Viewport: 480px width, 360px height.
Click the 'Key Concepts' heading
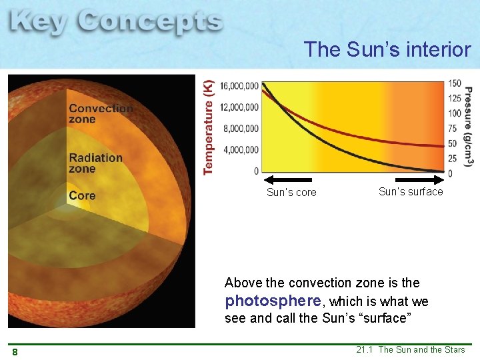[x=116, y=23]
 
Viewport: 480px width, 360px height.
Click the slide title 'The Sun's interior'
[x=387, y=49]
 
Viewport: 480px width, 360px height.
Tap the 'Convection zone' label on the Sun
[x=101, y=113]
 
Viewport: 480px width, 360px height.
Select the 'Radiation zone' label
[x=95, y=163]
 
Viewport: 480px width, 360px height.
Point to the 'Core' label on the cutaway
[x=82, y=195]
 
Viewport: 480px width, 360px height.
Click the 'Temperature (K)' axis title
[x=209, y=127]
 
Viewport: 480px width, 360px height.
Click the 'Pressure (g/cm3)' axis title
[x=469, y=127]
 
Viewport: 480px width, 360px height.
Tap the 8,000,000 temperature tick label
[x=240, y=128]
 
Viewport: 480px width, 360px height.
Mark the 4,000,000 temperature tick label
[x=240, y=149]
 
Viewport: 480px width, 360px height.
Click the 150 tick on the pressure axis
[x=455, y=83]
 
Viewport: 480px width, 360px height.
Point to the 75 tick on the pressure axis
[x=453, y=129]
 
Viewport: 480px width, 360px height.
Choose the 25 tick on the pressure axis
[x=453, y=159]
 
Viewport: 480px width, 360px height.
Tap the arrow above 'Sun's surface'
[x=419, y=180]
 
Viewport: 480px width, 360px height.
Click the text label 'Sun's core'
[x=291, y=193]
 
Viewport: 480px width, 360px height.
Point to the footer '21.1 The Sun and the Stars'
[x=410, y=350]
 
